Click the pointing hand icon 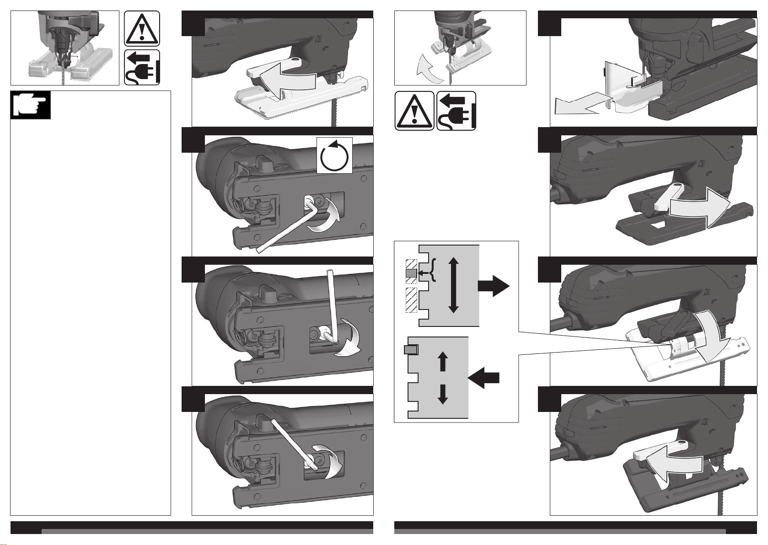coord(31,105)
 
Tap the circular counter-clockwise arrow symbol coord(334,155)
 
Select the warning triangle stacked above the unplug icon coord(142,28)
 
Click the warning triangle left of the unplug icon coord(414,111)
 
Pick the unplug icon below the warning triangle coord(142,67)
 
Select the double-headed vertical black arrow coord(453,284)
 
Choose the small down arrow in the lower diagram coord(442,394)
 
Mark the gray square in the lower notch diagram coord(411,350)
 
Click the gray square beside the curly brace coord(411,273)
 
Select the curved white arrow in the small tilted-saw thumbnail coord(430,68)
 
